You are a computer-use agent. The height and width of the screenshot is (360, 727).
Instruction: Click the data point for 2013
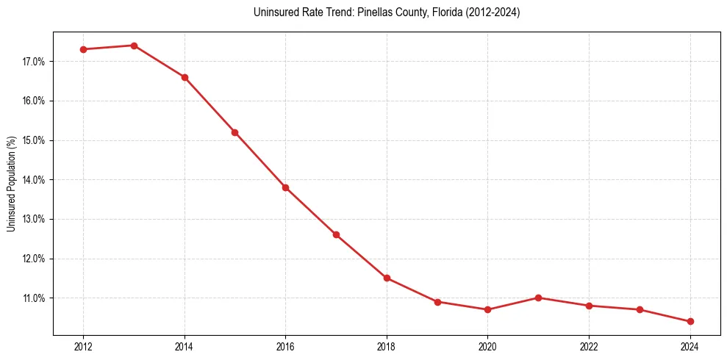coord(134,46)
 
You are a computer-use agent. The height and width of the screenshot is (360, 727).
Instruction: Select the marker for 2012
coord(83,49)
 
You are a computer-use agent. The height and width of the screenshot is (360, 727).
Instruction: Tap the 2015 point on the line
coord(234,132)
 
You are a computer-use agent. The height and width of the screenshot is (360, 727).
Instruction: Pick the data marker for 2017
coord(336,234)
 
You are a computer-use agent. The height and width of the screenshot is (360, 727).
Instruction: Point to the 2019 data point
coord(437,302)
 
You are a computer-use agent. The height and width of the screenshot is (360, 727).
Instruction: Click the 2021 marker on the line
coord(538,298)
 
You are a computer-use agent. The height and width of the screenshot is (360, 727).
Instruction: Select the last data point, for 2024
coord(690,321)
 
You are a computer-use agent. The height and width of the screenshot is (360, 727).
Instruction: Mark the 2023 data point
coord(640,309)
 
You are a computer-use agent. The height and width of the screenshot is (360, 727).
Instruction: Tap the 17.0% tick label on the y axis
coord(33,62)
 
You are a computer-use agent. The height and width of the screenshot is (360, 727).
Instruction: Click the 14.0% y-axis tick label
coord(33,180)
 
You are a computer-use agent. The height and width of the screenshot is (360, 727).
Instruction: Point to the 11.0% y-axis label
coord(33,298)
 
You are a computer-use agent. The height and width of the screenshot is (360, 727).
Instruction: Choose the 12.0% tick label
coord(33,259)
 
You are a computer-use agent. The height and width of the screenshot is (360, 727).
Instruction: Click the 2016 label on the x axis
coord(285,346)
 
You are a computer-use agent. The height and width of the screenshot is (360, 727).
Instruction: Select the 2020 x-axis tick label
coord(487,346)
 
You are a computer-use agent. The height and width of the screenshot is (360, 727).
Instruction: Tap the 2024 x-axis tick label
coord(690,346)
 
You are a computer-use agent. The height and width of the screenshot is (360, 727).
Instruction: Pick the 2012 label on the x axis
coord(83,346)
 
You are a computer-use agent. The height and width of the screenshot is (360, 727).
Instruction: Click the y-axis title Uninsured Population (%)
coord(11,184)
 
